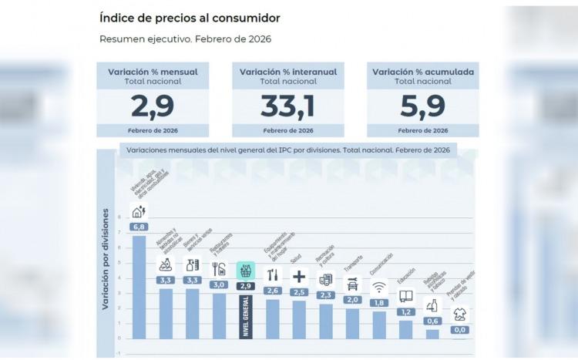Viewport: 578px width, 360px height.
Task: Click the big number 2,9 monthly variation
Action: tap(152, 104)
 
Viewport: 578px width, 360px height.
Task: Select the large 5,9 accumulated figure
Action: tap(422, 104)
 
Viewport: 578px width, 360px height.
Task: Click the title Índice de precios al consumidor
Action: tap(190, 17)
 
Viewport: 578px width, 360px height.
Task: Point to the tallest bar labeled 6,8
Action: tap(139, 285)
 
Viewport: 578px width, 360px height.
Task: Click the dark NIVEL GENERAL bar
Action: tap(246, 316)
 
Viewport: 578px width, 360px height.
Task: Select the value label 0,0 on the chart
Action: tap(460, 330)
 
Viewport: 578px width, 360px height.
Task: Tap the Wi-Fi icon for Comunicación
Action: tap(379, 288)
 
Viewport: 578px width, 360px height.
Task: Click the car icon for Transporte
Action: tap(352, 283)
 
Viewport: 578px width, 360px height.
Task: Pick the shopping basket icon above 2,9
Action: tap(246, 271)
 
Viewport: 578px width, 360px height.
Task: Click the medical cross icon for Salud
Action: tap(299, 275)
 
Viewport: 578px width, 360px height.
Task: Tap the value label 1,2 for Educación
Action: tap(406, 311)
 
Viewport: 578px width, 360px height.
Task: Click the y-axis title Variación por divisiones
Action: tap(106, 259)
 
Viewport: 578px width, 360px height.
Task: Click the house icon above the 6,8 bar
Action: tap(139, 212)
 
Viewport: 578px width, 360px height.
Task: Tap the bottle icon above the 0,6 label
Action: tap(432, 304)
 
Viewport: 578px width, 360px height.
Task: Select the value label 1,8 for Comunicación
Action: tap(379, 303)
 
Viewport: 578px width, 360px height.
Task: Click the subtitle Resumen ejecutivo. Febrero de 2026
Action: tap(185, 39)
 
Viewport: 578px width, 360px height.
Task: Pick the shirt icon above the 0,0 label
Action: tap(460, 315)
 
